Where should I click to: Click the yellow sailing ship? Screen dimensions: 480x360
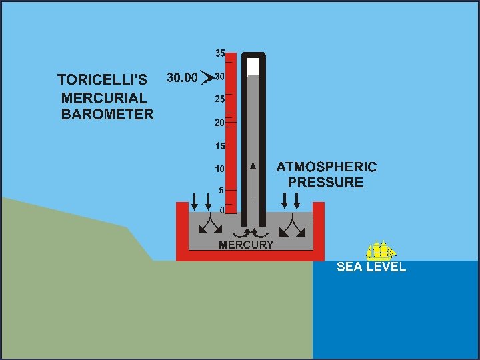(381, 251)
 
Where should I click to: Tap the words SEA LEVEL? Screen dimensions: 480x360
(371, 267)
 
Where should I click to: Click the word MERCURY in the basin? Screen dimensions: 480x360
(246, 245)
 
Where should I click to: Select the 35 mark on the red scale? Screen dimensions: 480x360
(219, 53)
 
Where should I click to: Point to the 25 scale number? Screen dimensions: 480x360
(219, 99)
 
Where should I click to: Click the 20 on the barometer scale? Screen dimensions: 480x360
(219, 123)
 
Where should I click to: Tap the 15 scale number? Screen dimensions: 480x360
(219, 145)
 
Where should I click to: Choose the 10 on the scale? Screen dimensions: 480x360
(219, 168)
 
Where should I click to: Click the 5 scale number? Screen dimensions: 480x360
(221, 190)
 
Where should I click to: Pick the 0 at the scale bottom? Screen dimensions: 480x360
(221, 210)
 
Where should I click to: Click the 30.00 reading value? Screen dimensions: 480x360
(181, 78)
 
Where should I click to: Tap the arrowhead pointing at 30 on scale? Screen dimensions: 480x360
(207, 78)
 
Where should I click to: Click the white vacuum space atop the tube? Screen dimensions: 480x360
(253, 66)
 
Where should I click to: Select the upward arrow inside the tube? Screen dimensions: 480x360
(253, 180)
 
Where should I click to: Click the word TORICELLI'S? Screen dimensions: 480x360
(103, 79)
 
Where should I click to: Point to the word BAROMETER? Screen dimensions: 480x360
(107, 114)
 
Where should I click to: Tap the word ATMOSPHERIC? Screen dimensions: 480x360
(326, 167)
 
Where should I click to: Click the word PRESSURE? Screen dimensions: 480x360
(326, 183)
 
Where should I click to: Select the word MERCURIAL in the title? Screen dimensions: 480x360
(104, 97)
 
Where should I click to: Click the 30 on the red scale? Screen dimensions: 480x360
(219, 77)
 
